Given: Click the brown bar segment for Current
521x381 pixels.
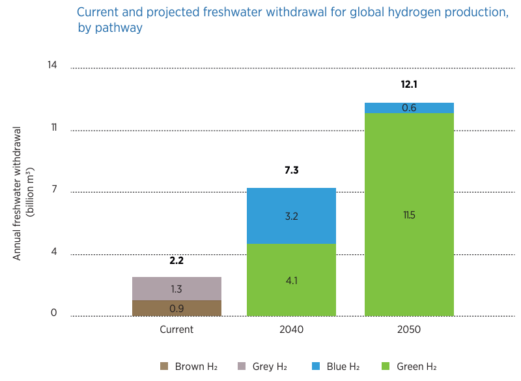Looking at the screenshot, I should click(176, 308).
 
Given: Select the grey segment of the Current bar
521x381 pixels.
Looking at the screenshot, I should click(176, 289).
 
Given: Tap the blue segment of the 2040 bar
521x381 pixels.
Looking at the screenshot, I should click(291, 216).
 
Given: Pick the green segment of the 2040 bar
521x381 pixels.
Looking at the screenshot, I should click(291, 280).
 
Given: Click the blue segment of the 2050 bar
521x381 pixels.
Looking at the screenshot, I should click(409, 108).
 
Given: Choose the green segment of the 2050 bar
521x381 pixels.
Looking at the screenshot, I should click(409, 215).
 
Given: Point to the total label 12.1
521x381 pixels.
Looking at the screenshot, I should click(409, 85).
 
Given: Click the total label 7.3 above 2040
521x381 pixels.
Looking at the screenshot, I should click(291, 170).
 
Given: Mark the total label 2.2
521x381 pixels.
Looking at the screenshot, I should click(176, 261).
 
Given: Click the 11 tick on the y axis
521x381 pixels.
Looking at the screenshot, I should click(53, 127).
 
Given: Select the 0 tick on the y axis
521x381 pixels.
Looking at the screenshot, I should click(54, 313).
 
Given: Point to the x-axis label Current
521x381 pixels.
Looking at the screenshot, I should click(176, 330).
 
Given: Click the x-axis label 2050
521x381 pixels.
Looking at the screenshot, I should click(409, 330).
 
